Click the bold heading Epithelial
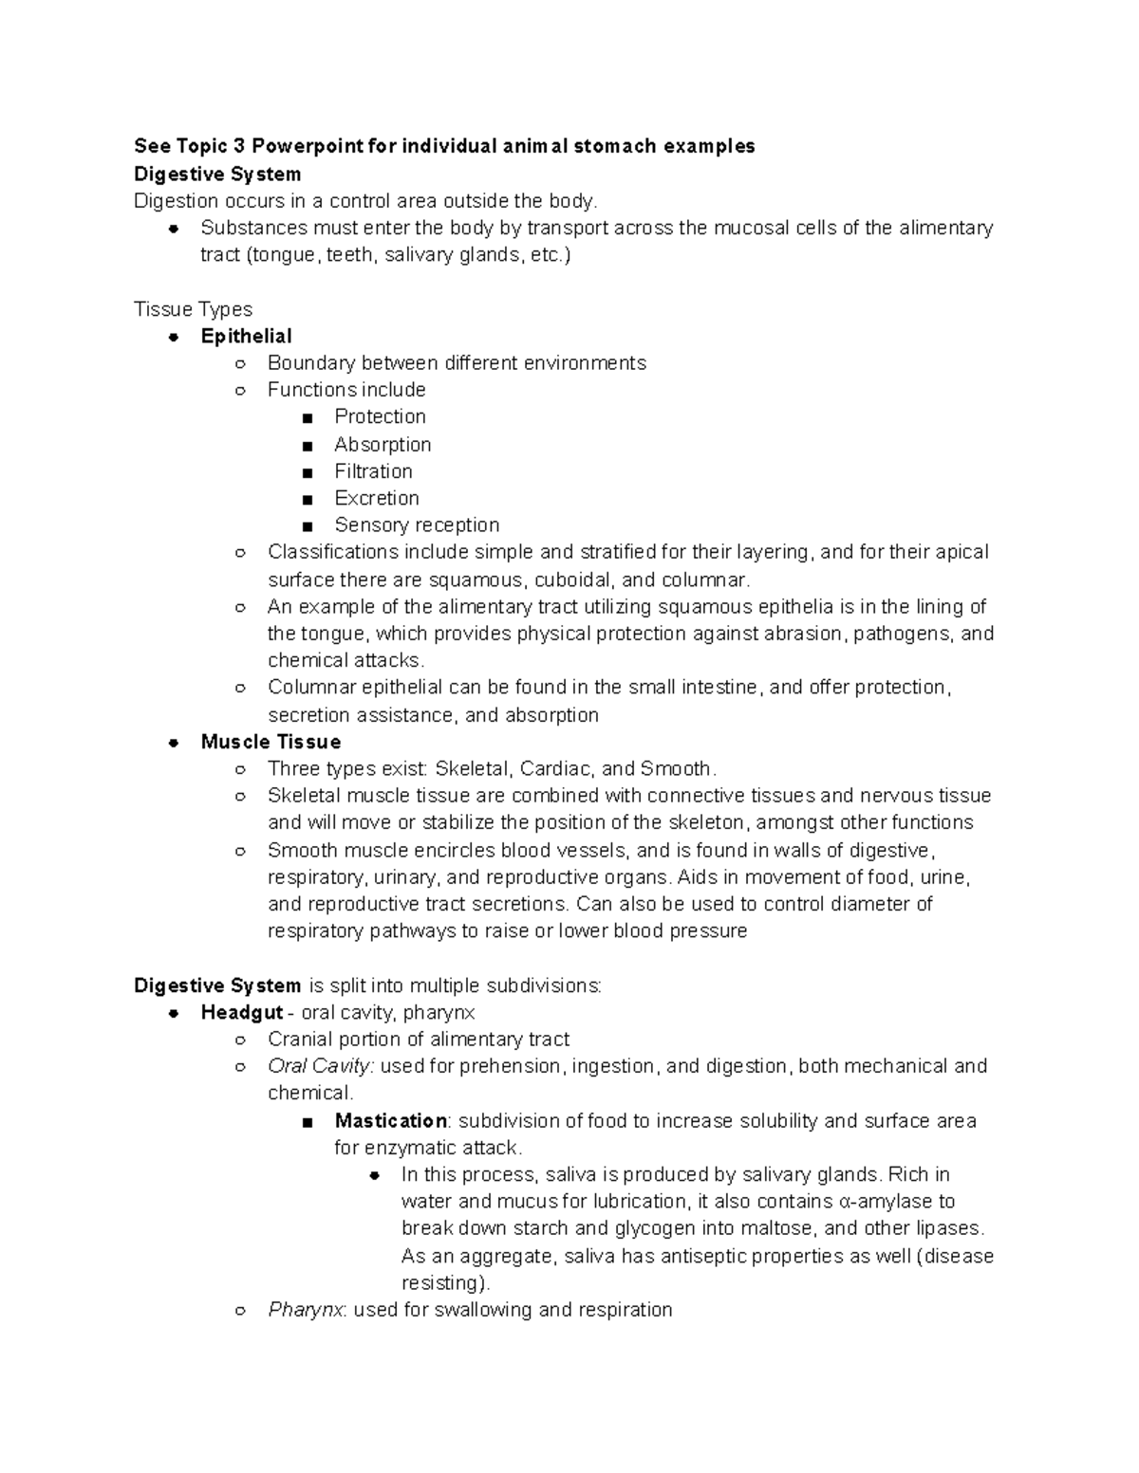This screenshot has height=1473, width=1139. pyautogui.click(x=246, y=336)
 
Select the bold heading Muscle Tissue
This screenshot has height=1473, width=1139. pyautogui.click(x=271, y=742)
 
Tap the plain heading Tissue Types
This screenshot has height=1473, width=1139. pyautogui.click(x=193, y=309)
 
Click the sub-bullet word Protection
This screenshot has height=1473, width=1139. pyautogui.click(x=380, y=416)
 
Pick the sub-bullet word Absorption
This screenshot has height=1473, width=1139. pyautogui.click(x=383, y=444)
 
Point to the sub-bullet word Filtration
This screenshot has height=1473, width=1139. pyautogui.click(x=373, y=471)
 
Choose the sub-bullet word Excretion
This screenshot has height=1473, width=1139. pyautogui.click(x=376, y=498)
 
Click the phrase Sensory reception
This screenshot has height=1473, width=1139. pyautogui.click(x=417, y=525)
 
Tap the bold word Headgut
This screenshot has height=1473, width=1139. pyautogui.click(x=242, y=1012)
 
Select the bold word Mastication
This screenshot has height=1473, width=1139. pyautogui.click(x=390, y=1120)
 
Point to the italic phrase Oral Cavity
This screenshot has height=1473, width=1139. pyautogui.click(x=321, y=1066)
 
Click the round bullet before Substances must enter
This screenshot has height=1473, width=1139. pyautogui.click(x=174, y=229)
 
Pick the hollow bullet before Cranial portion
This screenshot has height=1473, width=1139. pyautogui.click(x=240, y=1040)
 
